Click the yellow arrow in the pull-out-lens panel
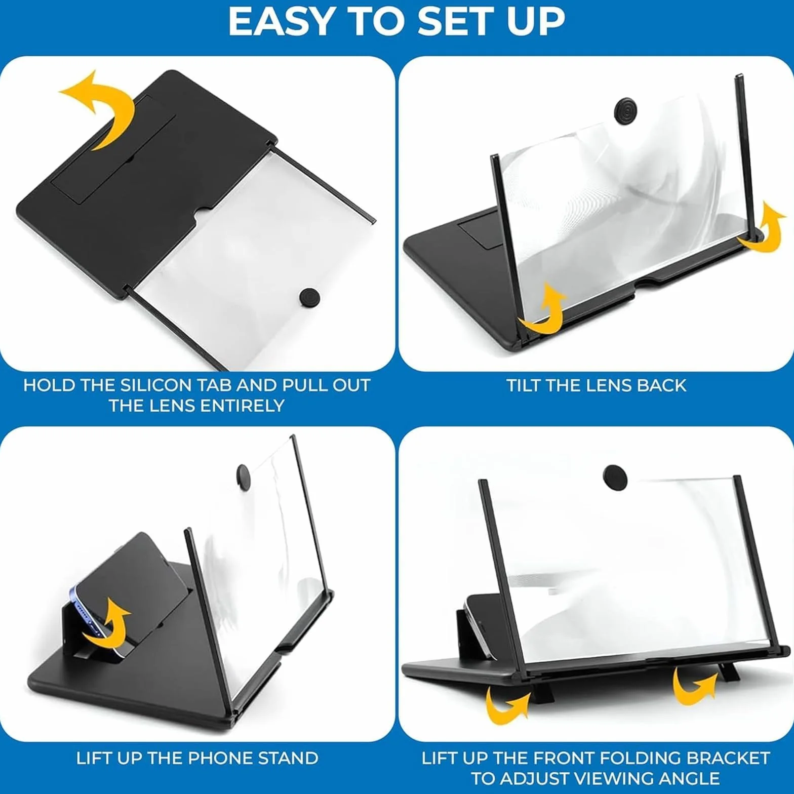[100, 111]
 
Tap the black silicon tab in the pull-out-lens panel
[309, 297]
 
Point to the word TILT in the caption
[524, 385]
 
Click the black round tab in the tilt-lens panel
[625, 110]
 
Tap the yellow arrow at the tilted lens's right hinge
[763, 226]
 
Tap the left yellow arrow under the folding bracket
[506, 704]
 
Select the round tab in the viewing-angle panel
[615, 478]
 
